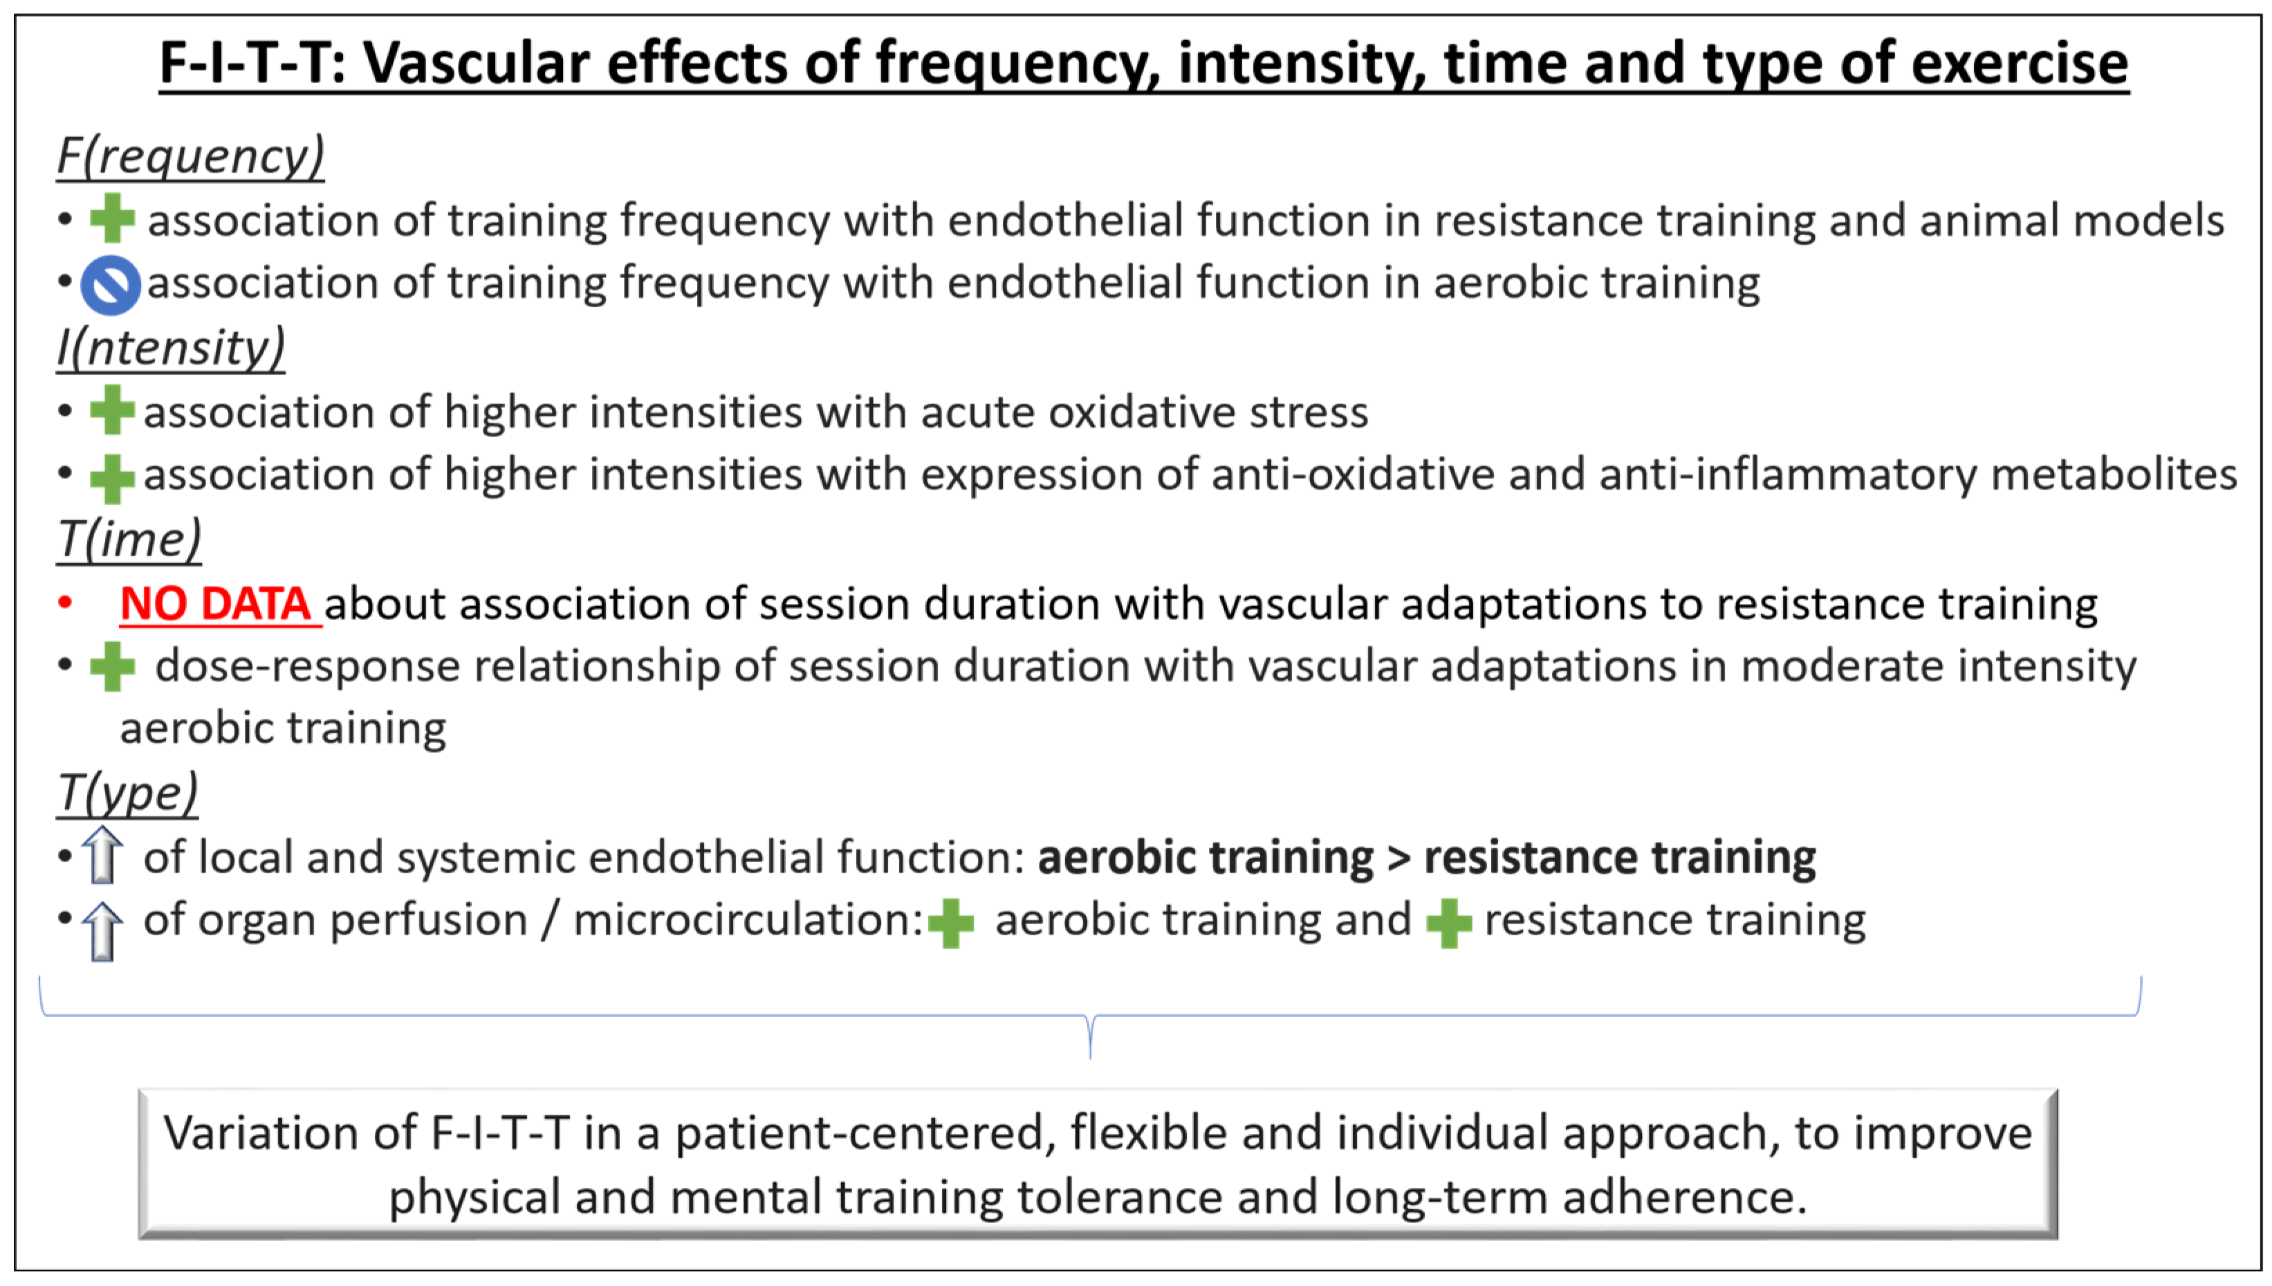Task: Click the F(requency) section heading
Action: pos(190,156)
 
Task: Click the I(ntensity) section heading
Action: pos(170,347)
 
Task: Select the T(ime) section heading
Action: pos(129,539)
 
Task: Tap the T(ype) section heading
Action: pos(127,793)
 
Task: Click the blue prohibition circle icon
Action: pos(111,285)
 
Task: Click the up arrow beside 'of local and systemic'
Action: pos(102,855)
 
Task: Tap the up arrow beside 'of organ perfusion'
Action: pos(102,932)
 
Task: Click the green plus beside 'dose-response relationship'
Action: pos(112,667)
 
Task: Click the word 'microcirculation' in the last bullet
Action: pos(748,919)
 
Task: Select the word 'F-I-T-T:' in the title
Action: pos(253,63)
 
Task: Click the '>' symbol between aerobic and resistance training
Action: pos(1398,858)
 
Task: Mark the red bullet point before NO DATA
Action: pos(64,603)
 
